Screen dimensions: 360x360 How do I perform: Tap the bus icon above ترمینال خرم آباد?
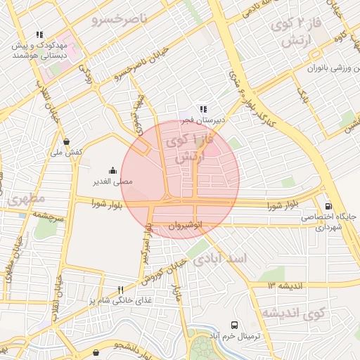234,326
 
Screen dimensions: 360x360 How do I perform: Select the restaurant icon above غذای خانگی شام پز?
121,289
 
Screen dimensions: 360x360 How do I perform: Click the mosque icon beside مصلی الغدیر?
112,170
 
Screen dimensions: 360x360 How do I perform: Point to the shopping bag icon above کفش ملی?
66,141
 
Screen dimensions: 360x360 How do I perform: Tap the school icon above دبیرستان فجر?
202,109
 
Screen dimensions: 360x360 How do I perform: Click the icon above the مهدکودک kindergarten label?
39,34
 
